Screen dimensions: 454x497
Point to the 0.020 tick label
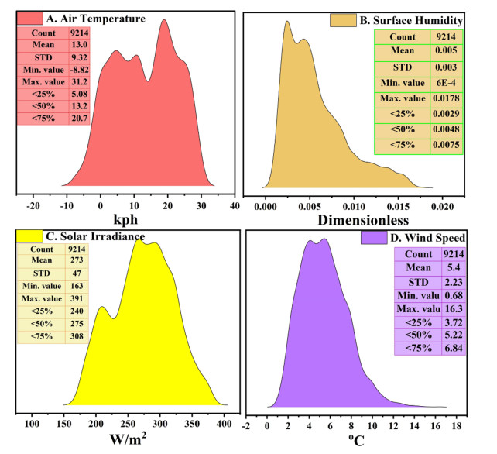coord(443,208)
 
